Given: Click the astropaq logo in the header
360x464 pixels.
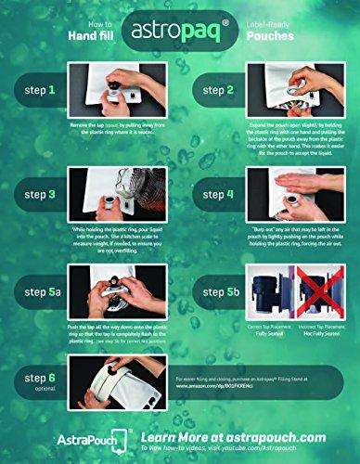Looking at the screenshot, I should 179,32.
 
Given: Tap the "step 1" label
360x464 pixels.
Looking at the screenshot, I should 36,90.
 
